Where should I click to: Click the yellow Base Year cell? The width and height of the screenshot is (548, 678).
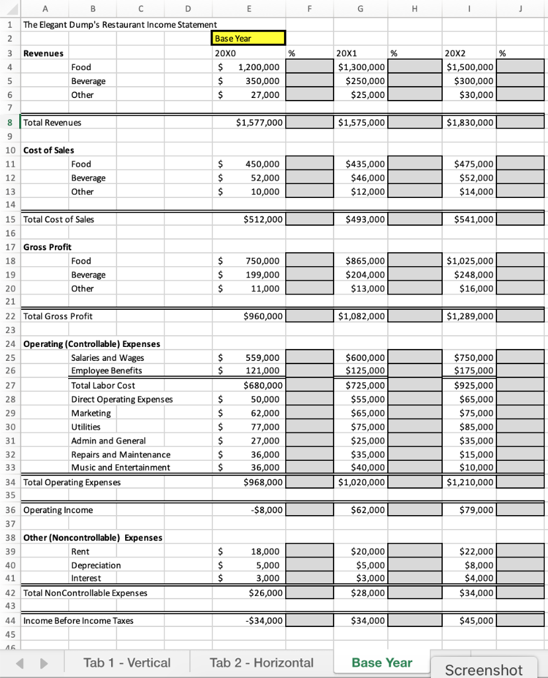coord(248,38)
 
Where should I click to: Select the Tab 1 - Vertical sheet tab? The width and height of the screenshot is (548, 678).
coord(126,662)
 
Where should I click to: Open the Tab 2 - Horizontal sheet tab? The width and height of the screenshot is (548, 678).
coord(261,662)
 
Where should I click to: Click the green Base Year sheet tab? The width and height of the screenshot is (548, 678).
coord(382,662)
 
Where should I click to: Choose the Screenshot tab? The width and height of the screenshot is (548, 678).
coord(484,669)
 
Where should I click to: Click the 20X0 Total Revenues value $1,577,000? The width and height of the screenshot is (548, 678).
coord(248,122)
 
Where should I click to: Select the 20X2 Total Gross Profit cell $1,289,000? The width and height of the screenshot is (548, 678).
coord(470,316)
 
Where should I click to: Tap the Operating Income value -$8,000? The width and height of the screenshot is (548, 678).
coord(248,510)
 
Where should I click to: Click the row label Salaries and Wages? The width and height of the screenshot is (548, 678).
coord(107,358)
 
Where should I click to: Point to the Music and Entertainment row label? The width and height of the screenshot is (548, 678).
coord(120,467)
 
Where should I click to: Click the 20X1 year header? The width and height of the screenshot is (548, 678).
coord(347,53)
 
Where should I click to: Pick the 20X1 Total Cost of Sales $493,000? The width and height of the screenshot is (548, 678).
coord(361,219)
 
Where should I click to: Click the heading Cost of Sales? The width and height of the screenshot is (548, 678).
coord(48,150)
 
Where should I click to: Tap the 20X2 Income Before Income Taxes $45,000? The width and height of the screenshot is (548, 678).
coord(470,620)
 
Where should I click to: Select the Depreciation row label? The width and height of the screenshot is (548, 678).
coord(96,565)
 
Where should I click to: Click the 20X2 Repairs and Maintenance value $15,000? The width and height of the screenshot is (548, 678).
coord(470,454)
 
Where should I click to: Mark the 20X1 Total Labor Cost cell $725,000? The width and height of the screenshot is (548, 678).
coord(361,385)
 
